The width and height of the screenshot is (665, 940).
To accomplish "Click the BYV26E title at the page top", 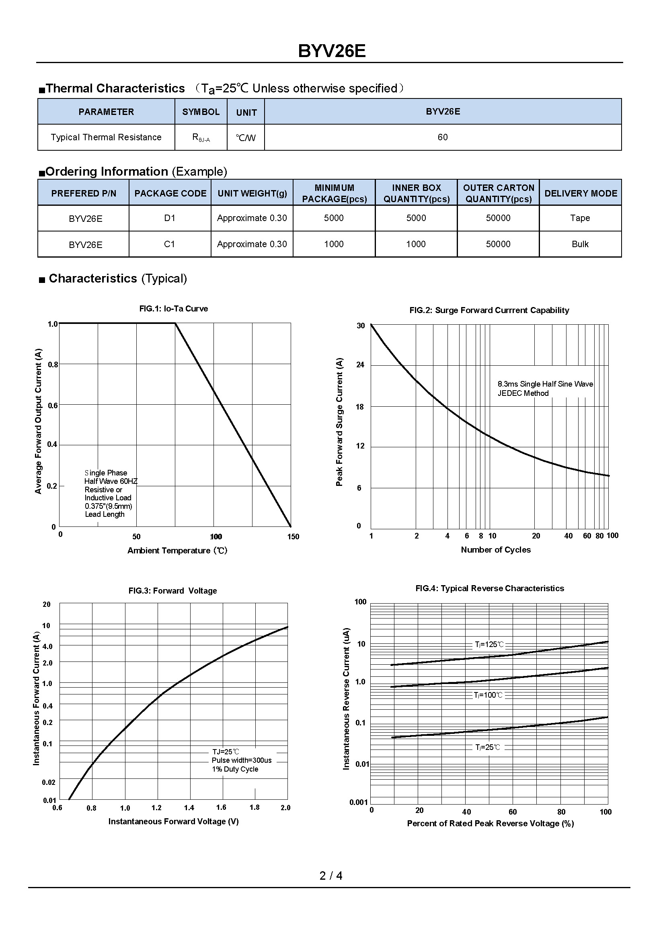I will (x=332, y=51).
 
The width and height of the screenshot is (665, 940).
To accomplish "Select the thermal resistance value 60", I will (x=443, y=137).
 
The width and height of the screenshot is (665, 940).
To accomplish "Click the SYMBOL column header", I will (x=201, y=112).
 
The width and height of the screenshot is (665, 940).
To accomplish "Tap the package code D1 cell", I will (x=170, y=218).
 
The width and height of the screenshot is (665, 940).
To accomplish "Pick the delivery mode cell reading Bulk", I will (x=580, y=244).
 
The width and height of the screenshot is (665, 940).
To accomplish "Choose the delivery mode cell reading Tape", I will (x=580, y=218).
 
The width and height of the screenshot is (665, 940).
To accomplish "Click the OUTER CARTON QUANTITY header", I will (x=498, y=193).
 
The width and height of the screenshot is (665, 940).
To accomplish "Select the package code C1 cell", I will (x=170, y=244).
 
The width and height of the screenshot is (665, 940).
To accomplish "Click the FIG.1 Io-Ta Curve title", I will (x=174, y=309).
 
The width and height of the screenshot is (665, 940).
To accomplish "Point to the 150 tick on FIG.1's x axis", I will (x=293, y=537).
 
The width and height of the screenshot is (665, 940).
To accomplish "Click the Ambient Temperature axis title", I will (x=177, y=551).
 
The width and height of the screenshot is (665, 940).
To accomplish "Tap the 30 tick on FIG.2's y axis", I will (x=360, y=326).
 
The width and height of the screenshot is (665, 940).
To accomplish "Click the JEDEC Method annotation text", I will (x=523, y=393).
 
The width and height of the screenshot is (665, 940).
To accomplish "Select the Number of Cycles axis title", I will (x=495, y=550).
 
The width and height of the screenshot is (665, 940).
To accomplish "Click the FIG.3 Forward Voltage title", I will (x=172, y=591).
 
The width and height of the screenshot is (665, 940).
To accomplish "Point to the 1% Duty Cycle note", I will (x=235, y=769).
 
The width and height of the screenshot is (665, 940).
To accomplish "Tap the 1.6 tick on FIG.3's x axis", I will (x=221, y=807).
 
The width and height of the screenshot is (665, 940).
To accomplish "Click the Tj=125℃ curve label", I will (x=489, y=644).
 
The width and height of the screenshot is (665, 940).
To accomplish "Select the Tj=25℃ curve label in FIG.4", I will (x=488, y=747).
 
